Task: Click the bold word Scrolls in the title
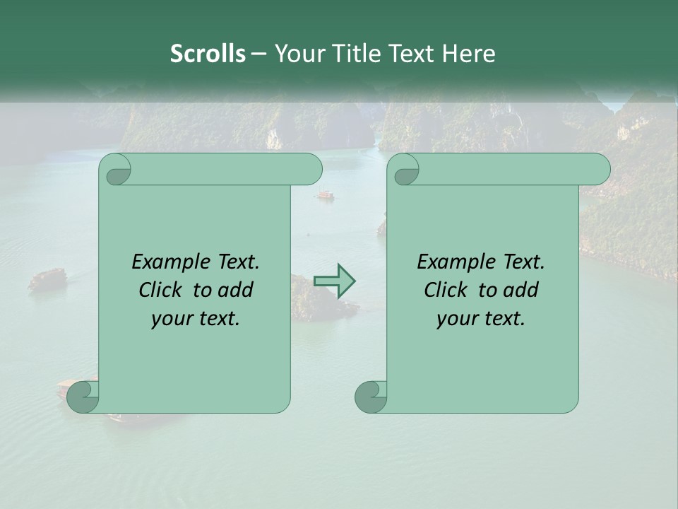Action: pyautogui.click(x=208, y=54)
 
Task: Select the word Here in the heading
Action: pyautogui.click(x=469, y=54)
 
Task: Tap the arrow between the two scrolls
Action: pyautogui.click(x=334, y=281)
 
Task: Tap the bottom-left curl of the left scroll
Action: pyautogui.click(x=83, y=396)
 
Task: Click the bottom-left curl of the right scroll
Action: pyautogui.click(x=371, y=396)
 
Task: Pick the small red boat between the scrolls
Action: pyautogui.click(x=325, y=194)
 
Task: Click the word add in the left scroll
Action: pyautogui.click(x=236, y=290)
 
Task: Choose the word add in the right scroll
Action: pyautogui.click(x=521, y=290)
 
